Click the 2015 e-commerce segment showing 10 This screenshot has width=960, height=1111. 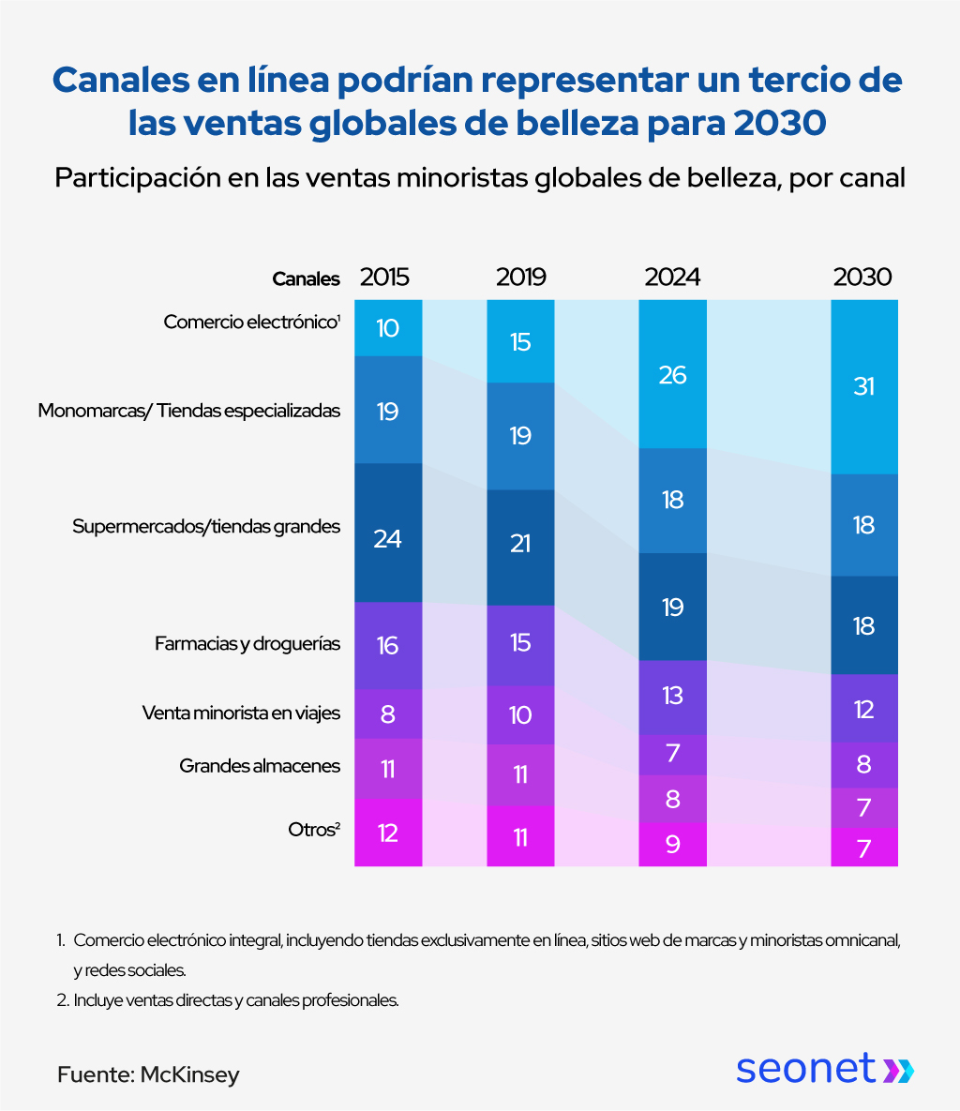point(388,328)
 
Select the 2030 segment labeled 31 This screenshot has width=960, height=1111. point(864,386)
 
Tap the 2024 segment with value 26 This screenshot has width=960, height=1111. point(672,375)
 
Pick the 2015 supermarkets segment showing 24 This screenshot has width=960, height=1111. point(388,538)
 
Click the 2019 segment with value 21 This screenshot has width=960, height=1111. point(520,543)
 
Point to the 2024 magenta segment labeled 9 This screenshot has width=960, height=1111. point(672,845)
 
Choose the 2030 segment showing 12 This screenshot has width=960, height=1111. point(864,709)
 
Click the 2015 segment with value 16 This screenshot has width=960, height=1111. point(388,645)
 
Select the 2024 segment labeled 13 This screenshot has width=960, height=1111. point(672,696)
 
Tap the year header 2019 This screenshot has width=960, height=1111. point(520,278)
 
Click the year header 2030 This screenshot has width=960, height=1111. point(862,278)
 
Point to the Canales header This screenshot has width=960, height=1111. point(306,278)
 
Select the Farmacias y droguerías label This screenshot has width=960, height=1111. point(247,644)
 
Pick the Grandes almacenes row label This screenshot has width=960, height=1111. point(260,766)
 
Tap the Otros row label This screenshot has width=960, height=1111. point(313,830)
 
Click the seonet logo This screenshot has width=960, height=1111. point(823,1068)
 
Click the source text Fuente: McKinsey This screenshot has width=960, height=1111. point(148,1074)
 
